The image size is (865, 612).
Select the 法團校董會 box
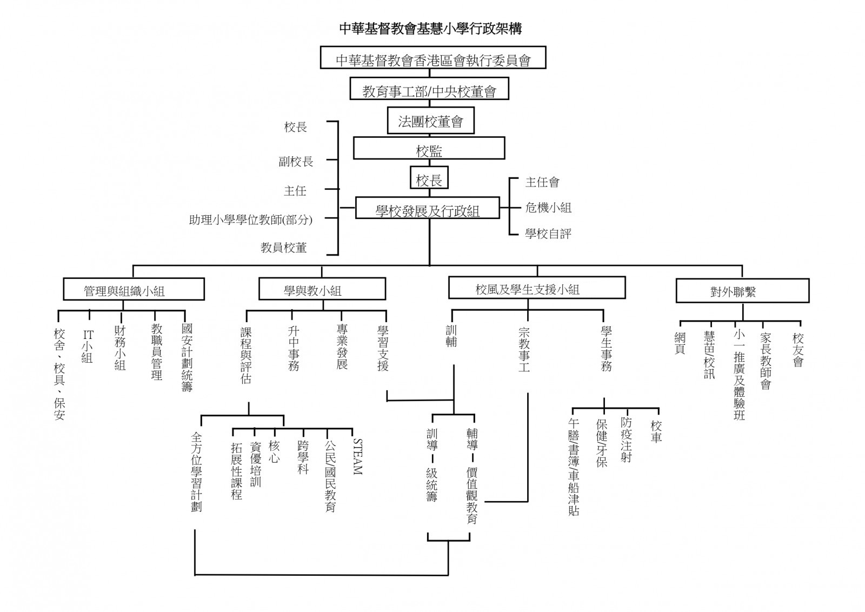point(430,121)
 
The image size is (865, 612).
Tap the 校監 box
point(429,148)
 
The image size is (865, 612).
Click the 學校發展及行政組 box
point(427,208)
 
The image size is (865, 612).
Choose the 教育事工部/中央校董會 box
point(429,90)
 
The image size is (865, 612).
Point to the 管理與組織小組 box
point(134,289)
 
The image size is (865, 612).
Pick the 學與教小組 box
point(322,289)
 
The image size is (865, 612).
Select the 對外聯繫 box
point(742,291)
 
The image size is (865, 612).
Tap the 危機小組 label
point(548,208)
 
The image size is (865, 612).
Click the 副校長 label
point(296,161)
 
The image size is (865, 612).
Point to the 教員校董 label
point(283,248)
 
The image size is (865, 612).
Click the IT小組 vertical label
point(88,346)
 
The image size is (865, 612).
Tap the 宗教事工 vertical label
point(524,349)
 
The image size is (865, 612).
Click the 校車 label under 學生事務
point(656,431)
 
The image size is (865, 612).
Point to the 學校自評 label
point(548,234)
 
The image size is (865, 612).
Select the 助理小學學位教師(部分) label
point(250,219)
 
